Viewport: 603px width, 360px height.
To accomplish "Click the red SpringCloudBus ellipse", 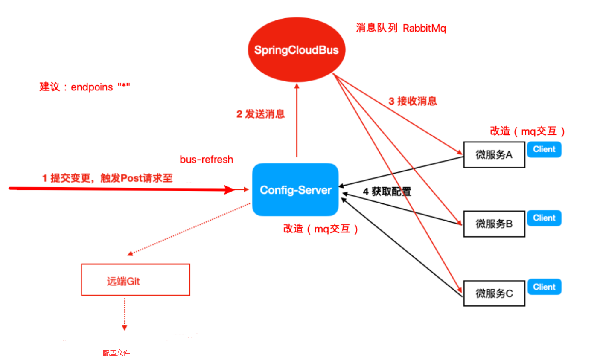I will pyautogui.click(x=296, y=49).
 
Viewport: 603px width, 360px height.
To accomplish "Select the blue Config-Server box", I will pyautogui.click(x=295, y=190).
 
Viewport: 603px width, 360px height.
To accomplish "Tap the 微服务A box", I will pyautogui.click(x=494, y=155).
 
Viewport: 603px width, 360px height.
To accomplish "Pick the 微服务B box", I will pyautogui.click(x=494, y=224).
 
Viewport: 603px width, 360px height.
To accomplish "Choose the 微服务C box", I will pyautogui.click(x=494, y=293).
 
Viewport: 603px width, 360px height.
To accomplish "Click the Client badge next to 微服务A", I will pyautogui.click(x=544, y=149).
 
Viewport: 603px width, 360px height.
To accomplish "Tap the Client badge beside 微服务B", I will pyautogui.click(x=544, y=218).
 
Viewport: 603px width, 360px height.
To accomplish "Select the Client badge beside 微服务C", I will pyautogui.click(x=544, y=287).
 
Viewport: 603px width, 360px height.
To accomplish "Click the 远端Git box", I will pyautogui.click(x=135, y=280).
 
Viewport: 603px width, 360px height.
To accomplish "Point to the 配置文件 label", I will pyautogui.click(x=116, y=353).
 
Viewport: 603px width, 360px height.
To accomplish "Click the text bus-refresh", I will pyautogui.click(x=207, y=160).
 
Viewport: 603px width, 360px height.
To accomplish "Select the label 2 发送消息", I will pyautogui.click(x=260, y=114).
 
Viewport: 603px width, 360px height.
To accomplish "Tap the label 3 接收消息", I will pyautogui.click(x=413, y=101).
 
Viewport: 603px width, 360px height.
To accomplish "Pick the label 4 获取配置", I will pyautogui.click(x=387, y=192).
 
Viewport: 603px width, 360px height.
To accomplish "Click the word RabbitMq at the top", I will pyautogui.click(x=424, y=28).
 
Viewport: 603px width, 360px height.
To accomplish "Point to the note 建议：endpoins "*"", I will pyautogui.click(x=84, y=87).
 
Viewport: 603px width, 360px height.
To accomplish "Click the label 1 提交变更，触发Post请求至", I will pyautogui.click(x=107, y=178).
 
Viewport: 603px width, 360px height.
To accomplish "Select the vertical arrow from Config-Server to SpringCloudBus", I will pyautogui.click(x=297, y=122).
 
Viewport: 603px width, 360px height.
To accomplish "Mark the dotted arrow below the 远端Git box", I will pyautogui.click(x=125, y=314).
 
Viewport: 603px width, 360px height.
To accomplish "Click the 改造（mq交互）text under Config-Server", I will pyautogui.click(x=320, y=229).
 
